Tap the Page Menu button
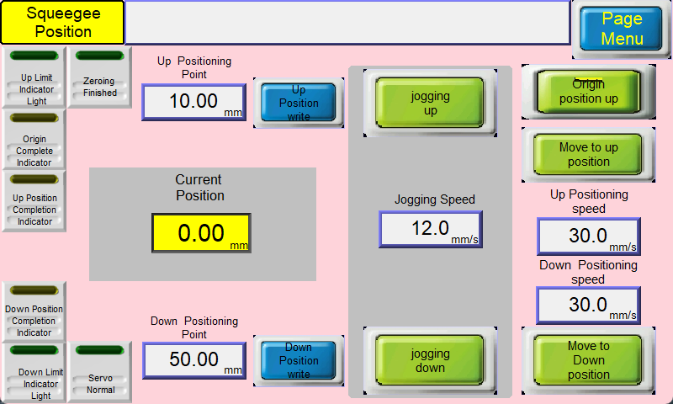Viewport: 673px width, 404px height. [621, 29]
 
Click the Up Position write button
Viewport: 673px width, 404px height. [299, 103]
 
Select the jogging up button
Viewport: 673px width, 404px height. [430, 103]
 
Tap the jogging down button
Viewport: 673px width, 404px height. [430, 360]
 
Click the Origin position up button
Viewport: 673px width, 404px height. [588, 92]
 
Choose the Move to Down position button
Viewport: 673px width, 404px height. [588, 359]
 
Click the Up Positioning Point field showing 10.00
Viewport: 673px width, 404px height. [194, 102]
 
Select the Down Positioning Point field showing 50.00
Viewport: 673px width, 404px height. [194, 360]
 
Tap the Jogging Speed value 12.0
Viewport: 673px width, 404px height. [431, 229]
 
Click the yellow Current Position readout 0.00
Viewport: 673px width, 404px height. [201, 233]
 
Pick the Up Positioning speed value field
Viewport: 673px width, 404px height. [588, 237]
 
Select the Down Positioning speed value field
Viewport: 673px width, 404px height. [588, 306]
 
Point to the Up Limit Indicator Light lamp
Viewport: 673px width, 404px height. [34, 56]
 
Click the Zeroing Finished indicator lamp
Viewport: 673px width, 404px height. [99, 56]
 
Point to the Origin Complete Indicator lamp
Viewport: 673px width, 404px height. [34, 118]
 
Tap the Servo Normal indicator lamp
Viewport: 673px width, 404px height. [99, 350]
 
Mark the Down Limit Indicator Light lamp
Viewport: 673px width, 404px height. [34, 350]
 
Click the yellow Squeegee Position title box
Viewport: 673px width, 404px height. [62, 23]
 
